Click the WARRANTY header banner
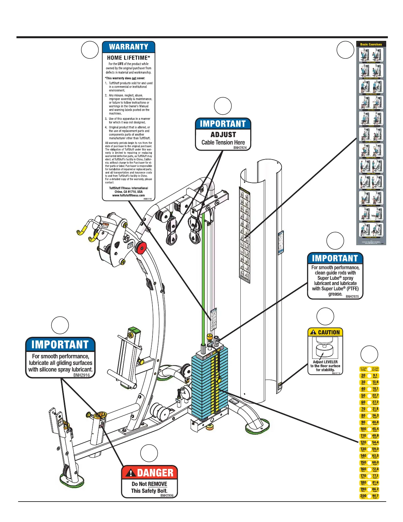coord(128,47)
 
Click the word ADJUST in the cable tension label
coord(223,134)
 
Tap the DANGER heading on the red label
coord(155,473)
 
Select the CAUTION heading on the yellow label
coord(329,333)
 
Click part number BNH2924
coord(240,148)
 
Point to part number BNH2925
coord(352,297)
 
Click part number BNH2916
coord(81,375)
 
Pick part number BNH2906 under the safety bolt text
coord(167,496)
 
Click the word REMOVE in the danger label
coord(158,484)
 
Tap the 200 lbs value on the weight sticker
coord(363,496)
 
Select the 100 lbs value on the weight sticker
coord(363,429)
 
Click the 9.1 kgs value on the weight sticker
coord(375,375)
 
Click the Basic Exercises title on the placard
coord(371,44)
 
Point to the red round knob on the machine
coord(141,247)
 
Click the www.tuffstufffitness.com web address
coord(128,195)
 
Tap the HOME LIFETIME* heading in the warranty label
coord(128,58)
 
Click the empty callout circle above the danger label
coord(149,453)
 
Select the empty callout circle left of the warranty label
coord(90,50)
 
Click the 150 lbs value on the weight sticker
coord(363,462)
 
